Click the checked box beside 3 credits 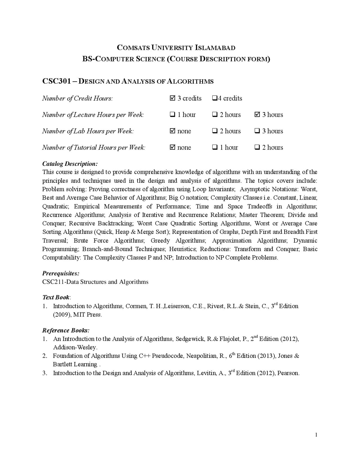click(173, 98)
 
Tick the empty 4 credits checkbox click(215, 98)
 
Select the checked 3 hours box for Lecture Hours click(257, 115)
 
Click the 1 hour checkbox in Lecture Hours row click(173, 115)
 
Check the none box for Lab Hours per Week click(173, 131)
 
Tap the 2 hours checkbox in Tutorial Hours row click(257, 147)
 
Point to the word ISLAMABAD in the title click(215, 48)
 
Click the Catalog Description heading click(70, 164)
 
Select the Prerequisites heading click(61, 273)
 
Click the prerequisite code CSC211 click(53, 282)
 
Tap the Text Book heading click(56, 297)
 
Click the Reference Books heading click(66, 330)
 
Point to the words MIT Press click(87, 315)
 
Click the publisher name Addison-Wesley click(75, 348)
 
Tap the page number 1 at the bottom click(316, 435)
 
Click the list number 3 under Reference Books click(44, 373)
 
